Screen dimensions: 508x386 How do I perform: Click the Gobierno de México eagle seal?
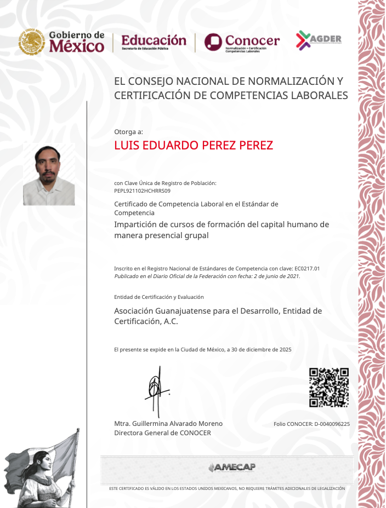pos(32,42)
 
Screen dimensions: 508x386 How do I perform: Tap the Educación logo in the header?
pos(154,42)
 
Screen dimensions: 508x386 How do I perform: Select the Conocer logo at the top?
pos(242,42)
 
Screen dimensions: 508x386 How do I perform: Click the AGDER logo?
pos(319,39)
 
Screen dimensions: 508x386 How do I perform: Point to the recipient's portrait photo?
pos(49,175)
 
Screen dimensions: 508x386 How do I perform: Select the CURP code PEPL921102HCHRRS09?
pos(142,191)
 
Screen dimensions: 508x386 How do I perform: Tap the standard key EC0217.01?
pos(307,269)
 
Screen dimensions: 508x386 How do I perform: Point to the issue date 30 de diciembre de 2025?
pos(263,349)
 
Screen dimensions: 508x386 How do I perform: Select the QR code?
pos(328,388)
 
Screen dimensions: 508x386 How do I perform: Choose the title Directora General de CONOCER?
pos(162,433)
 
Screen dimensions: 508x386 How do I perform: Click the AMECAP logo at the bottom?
pos(231,467)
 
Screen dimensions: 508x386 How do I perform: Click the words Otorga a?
pos(128,131)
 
